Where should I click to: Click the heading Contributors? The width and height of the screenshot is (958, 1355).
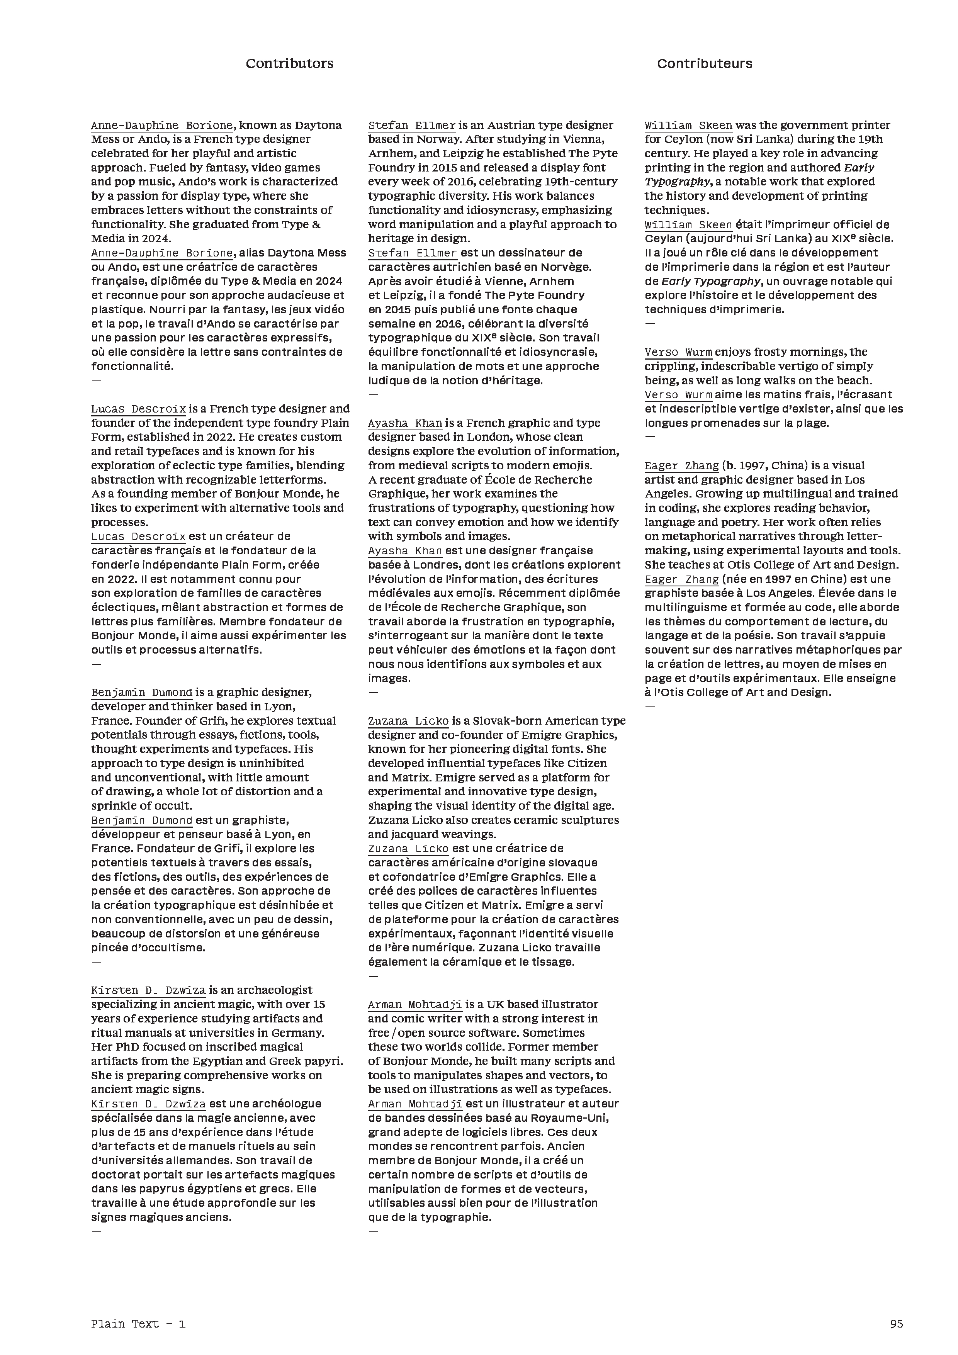pos(289,64)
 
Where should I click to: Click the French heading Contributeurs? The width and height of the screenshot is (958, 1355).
pos(704,64)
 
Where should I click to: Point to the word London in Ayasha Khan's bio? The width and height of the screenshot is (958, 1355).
pos(485,437)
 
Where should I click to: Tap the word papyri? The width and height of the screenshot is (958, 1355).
pos(326,1061)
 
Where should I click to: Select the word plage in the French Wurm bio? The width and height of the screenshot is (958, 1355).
pos(814,423)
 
